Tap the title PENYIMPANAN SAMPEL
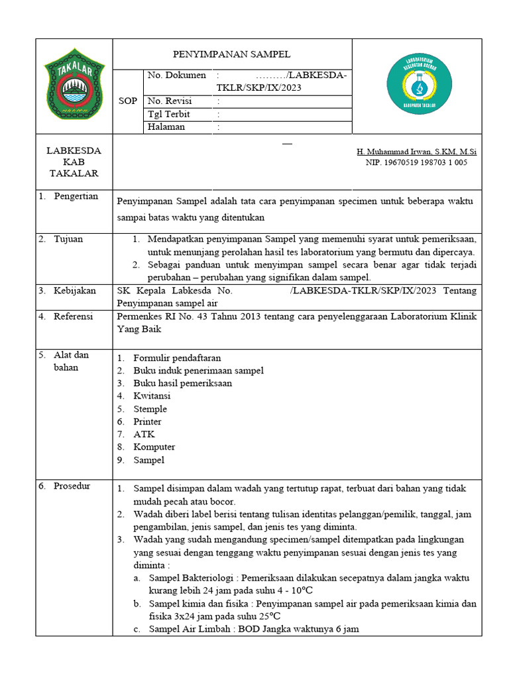coord(232,54)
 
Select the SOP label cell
coord(128,101)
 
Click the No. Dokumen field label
coord(176,75)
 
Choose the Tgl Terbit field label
coord(169,114)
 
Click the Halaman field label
coord(166,127)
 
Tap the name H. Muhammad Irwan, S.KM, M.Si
coord(416,152)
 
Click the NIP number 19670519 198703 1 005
coord(416,162)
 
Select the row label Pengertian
coord(76,196)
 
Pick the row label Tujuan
coord(68,239)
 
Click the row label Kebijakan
coord(75,291)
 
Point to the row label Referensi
coord(75,316)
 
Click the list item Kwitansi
coord(152,396)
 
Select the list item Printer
coord(147,422)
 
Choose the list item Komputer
coord(154,447)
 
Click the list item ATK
coord(144,434)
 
